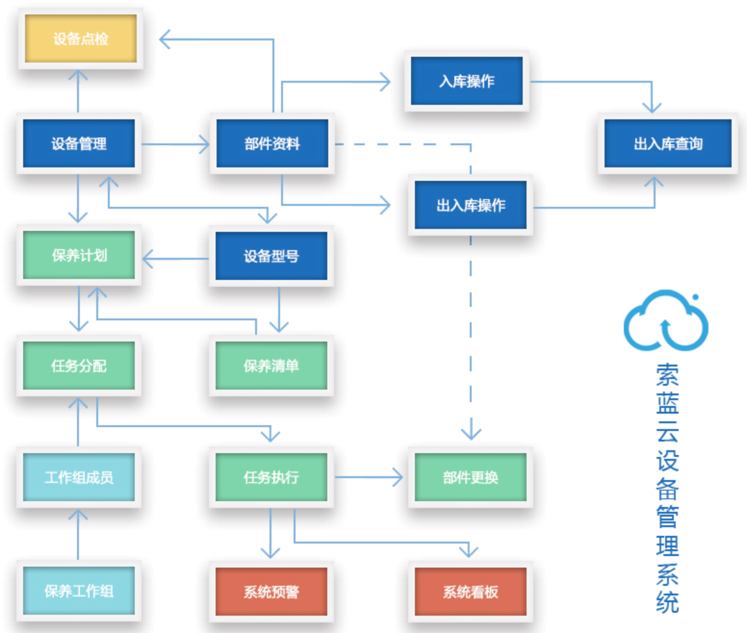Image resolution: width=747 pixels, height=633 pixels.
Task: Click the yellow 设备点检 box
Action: [80, 38]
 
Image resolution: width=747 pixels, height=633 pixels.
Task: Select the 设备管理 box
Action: [79, 143]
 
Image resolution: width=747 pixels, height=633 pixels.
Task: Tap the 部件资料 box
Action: [272, 143]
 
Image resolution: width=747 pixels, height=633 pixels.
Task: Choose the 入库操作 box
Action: [466, 81]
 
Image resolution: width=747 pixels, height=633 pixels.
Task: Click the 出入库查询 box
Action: [668, 143]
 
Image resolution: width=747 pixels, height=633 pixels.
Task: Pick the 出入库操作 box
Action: [470, 205]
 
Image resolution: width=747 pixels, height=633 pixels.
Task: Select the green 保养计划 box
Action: [79, 255]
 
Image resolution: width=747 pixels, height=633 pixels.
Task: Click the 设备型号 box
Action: [271, 256]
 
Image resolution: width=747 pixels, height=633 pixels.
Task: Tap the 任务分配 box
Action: [79, 366]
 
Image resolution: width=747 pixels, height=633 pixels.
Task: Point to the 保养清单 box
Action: [271, 366]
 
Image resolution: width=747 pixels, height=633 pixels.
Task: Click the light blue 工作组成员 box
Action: [79, 477]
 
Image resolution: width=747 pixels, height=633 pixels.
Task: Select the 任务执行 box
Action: [271, 477]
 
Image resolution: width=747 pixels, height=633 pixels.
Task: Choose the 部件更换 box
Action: [470, 477]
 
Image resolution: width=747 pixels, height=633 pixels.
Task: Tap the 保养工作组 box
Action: [79, 591]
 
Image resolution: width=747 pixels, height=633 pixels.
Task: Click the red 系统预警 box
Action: [271, 592]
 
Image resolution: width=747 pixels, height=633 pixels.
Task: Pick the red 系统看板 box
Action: [470, 592]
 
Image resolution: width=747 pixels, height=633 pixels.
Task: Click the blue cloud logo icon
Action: [666, 321]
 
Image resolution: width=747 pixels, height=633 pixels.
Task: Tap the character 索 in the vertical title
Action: [667, 375]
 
